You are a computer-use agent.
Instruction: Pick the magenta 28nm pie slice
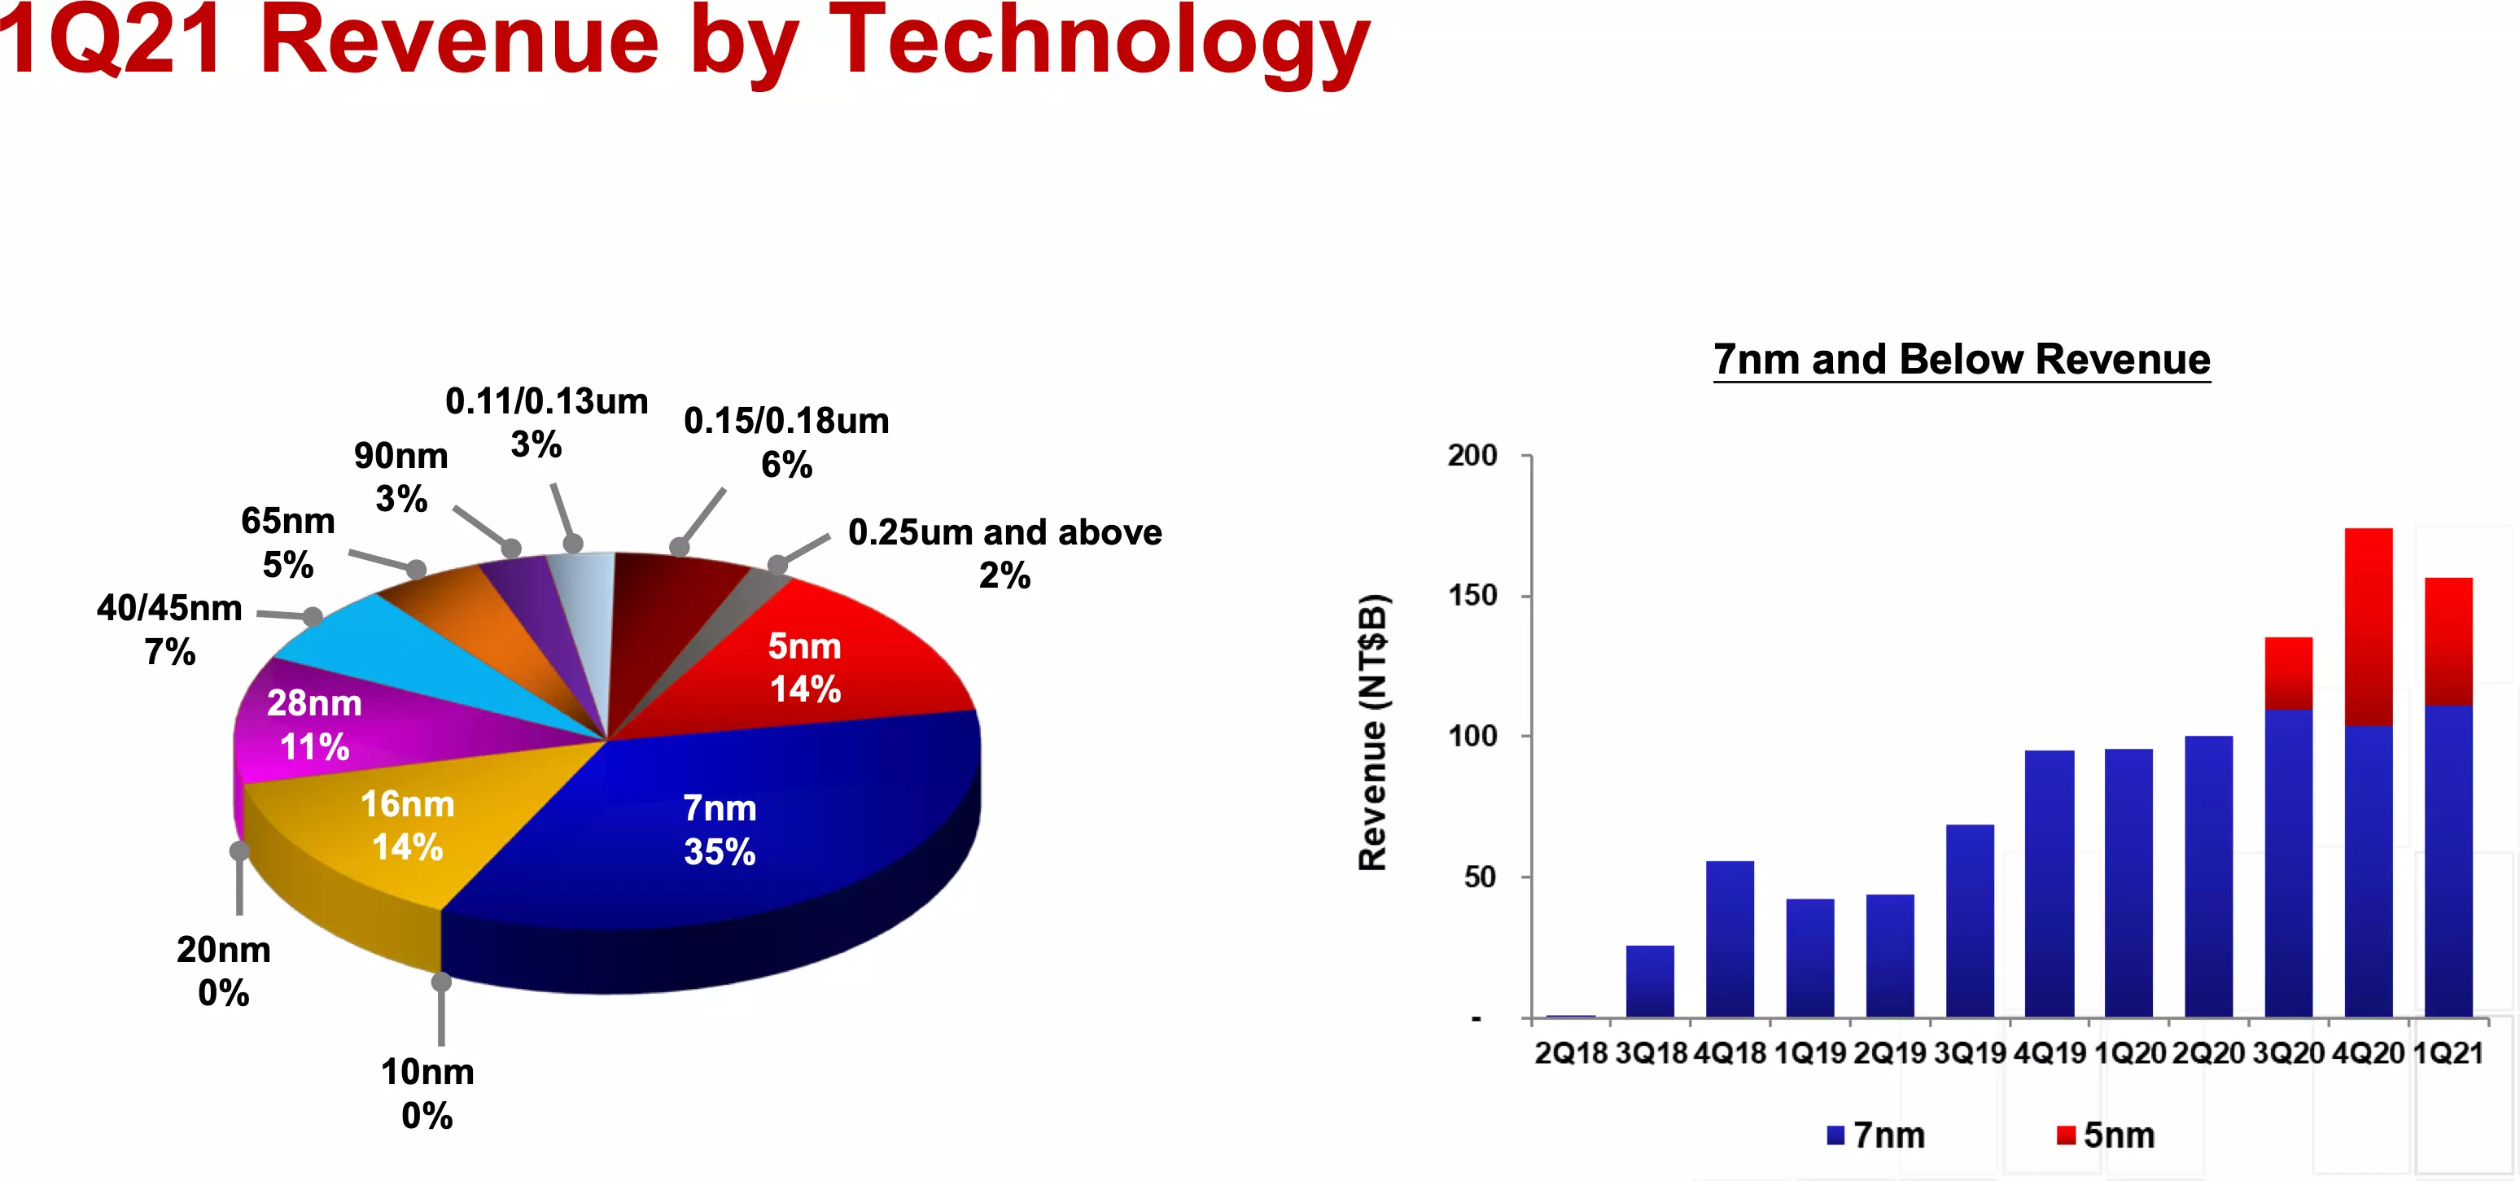coord(323,724)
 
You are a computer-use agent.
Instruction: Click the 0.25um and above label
coord(1004,553)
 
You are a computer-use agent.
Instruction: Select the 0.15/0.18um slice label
coord(786,442)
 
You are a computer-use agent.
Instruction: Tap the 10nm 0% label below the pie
coord(427,1094)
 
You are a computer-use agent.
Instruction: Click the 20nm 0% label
coord(223,971)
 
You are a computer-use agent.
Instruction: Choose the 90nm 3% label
coord(401,476)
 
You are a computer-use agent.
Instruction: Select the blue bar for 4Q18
coord(1730,939)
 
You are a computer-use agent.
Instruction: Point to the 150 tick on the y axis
coord(1472,596)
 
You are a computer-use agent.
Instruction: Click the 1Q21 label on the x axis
coord(2448,1054)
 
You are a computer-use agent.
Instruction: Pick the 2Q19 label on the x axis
coord(1890,1054)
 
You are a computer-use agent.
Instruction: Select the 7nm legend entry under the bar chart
coord(1875,1135)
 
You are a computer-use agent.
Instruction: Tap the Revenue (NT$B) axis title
coord(1372,732)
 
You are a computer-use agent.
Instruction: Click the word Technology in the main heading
coord(1100,44)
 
